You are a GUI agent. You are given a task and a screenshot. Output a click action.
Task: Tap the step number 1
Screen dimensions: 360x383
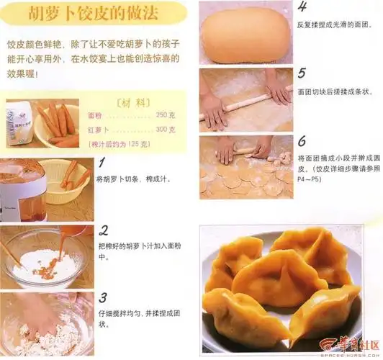(103, 163)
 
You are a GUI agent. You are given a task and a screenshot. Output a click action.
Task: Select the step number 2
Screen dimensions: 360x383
(104, 230)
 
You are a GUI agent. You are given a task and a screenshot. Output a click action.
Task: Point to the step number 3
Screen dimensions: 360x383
(104, 297)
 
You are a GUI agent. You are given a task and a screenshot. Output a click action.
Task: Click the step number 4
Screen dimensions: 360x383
(302, 7)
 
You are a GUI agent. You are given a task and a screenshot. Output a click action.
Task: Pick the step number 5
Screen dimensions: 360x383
(302, 73)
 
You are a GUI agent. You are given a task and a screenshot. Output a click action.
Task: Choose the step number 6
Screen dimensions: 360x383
(302, 140)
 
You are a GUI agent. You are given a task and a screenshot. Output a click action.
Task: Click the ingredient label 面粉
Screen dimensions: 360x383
(96, 115)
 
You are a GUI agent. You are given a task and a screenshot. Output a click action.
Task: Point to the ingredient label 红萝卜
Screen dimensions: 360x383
(99, 129)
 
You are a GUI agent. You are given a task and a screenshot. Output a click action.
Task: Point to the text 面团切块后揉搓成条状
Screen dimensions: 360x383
(335, 91)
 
